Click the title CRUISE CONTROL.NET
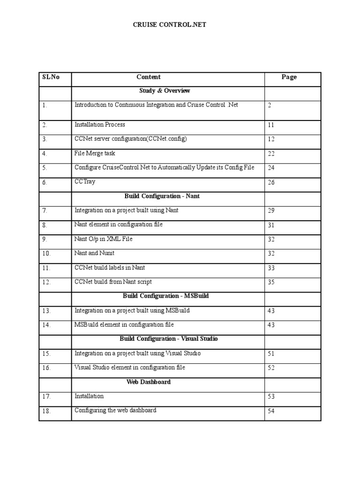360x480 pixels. tap(170, 24)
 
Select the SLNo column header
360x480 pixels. tap(51, 77)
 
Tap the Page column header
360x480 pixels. tap(289, 77)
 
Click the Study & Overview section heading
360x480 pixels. tap(165, 90)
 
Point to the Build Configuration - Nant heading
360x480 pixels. tap(162, 196)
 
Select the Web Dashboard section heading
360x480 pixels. tap(149, 382)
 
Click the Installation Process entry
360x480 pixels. tap(100, 125)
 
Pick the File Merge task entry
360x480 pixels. tap(95, 153)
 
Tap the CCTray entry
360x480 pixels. tap(85, 182)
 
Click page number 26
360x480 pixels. tap(271, 182)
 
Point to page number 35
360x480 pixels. tap(271, 282)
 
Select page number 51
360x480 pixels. tap(271, 354)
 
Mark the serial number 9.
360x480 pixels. tap(45, 240)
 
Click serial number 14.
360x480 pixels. tap(46, 325)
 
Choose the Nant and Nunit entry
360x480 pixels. tap(95, 253)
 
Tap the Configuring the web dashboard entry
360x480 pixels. tap(115, 411)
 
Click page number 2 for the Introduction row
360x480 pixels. tap(270, 105)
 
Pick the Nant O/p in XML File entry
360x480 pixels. tap(104, 239)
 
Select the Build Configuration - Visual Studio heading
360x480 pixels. tap(169, 338)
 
